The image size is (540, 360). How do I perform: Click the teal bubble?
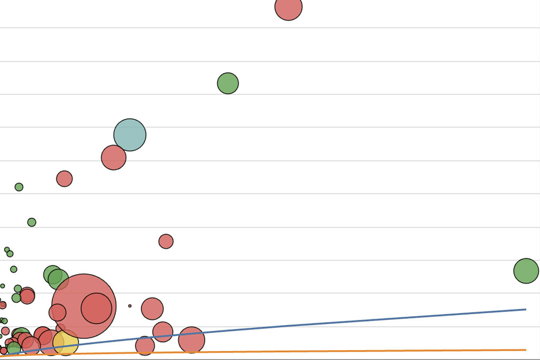click(x=130, y=135)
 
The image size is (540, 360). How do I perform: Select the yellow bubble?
click(x=66, y=343)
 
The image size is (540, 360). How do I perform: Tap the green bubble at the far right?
click(x=526, y=271)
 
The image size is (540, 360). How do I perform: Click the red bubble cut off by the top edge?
click(x=288, y=7)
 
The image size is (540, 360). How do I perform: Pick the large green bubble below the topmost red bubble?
click(x=228, y=83)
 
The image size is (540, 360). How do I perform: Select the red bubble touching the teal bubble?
click(x=113, y=157)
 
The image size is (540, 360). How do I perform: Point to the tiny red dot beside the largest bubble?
click(x=130, y=306)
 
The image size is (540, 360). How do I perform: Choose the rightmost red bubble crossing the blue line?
click(x=191, y=340)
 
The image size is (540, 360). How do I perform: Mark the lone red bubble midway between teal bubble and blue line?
click(x=166, y=241)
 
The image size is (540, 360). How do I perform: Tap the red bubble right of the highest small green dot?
click(x=64, y=179)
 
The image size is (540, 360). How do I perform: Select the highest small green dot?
click(x=19, y=187)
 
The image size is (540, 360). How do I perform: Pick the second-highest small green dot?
click(x=32, y=222)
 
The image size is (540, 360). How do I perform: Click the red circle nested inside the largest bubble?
click(x=97, y=308)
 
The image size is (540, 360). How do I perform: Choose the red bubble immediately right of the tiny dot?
click(x=152, y=309)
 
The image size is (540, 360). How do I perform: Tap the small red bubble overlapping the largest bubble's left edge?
click(x=57, y=313)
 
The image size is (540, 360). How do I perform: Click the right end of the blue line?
click(x=525, y=309)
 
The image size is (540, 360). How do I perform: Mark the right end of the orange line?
click(x=525, y=350)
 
